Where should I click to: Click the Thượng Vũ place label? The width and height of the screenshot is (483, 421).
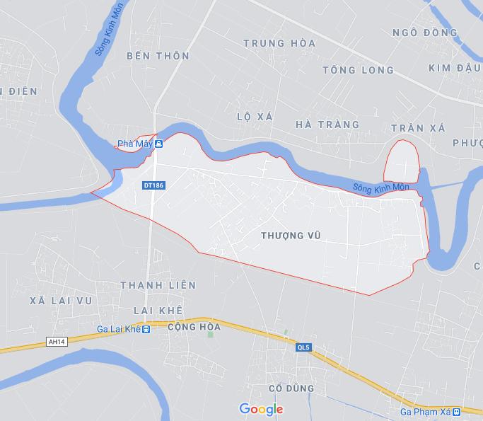tap(291, 235)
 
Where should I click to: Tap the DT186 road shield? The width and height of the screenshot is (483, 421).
tap(153, 185)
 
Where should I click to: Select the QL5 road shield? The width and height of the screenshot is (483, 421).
tap(303, 347)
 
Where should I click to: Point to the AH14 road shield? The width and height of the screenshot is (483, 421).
tap(55, 341)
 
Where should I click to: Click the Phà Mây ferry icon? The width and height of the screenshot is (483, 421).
tap(159, 144)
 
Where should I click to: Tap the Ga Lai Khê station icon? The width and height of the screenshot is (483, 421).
tap(146, 329)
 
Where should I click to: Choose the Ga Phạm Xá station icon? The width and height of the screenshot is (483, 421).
tap(457, 411)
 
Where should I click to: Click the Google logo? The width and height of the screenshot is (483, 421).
tap(261, 409)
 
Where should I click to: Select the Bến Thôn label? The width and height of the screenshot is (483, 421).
tap(158, 55)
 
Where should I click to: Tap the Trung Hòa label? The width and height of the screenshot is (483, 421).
tap(279, 43)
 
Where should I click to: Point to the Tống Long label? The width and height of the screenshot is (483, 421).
tap(357, 70)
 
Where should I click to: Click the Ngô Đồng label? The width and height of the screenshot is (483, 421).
tap(425, 33)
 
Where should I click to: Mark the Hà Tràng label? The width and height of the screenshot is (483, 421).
tap(327, 125)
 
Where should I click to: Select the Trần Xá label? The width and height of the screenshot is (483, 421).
tap(417, 128)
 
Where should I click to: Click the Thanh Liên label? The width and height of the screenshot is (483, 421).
tap(158, 285)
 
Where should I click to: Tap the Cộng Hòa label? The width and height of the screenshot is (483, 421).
tap(194, 328)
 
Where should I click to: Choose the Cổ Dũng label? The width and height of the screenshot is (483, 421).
tap(291, 388)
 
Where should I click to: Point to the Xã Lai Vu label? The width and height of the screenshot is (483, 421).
tap(62, 301)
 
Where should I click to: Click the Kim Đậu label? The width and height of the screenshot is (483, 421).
tap(455, 67)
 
